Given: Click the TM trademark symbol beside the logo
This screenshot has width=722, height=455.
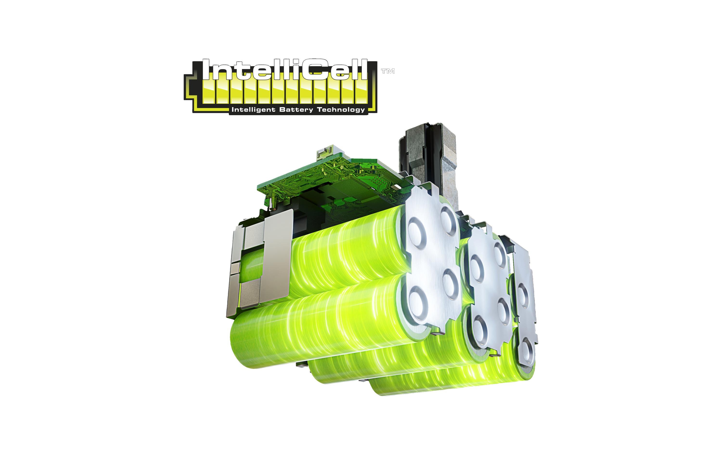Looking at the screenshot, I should [388, 71].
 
